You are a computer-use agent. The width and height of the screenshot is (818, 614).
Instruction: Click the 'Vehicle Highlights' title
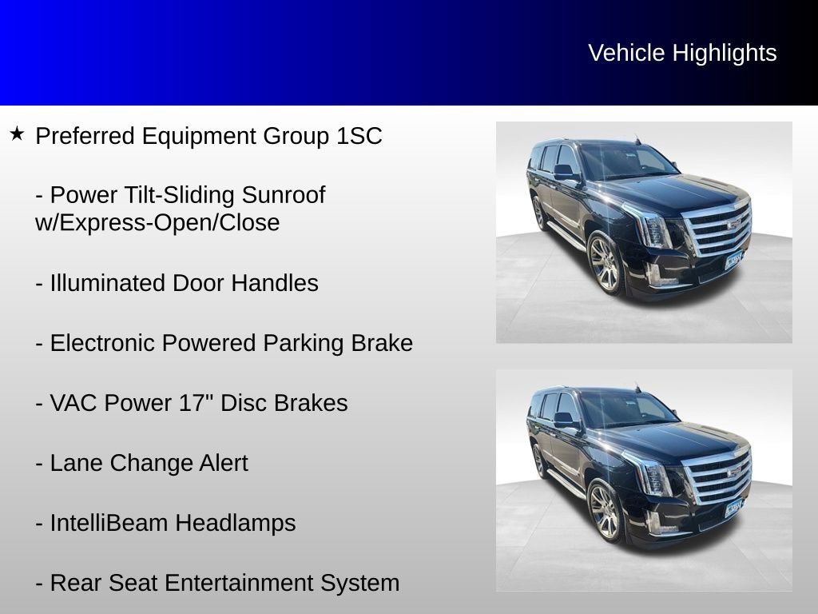(x=682, y=53)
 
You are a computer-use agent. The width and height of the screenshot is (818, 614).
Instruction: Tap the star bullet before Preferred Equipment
(x=18, y=134)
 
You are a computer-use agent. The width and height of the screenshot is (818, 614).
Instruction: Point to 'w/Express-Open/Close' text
(x=157, y=223)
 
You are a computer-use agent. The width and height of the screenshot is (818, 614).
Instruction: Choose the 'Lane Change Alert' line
(x=142, y=463)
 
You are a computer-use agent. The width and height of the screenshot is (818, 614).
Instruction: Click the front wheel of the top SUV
(x=605, y=264)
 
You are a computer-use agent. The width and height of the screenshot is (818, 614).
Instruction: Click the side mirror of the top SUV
(x=564, y=172)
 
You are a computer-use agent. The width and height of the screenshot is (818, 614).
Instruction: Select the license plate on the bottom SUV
(x=733, y=509)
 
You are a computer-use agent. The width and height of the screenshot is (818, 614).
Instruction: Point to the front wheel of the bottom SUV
(x=605, y=512)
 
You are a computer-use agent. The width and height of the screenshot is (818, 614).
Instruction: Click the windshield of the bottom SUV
(x=628, y=409)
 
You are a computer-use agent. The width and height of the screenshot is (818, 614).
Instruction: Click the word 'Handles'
(x=275, y=283)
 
